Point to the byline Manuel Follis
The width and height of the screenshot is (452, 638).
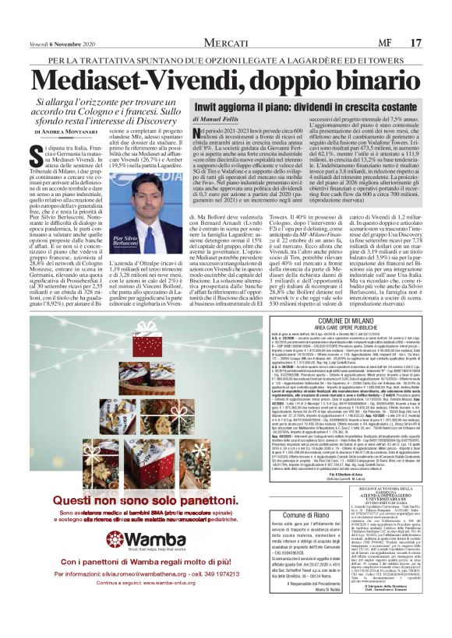[215, 118]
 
